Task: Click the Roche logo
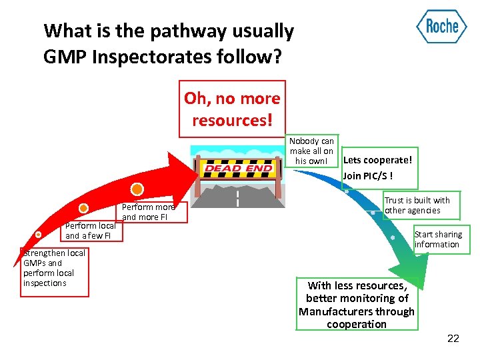click(441, 27)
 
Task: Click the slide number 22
click(453, 339)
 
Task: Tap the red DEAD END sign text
click(237, 169)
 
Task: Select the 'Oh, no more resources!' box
click(232, 109)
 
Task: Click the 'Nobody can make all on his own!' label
click(311, 151)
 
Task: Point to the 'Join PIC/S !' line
click(368, 176)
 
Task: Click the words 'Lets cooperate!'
click(377, 161)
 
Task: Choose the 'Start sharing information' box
click(438, 239)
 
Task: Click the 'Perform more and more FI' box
click(149, 212)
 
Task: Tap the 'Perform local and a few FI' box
click(90, 231)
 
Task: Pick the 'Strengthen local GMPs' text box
click(54, 268)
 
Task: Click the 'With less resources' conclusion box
click(357, 305)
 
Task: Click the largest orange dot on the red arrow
click(137, 189)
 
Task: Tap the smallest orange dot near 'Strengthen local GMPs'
click(38, 235)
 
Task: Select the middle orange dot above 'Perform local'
click(83, 208)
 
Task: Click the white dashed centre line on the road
click(237, 199)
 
